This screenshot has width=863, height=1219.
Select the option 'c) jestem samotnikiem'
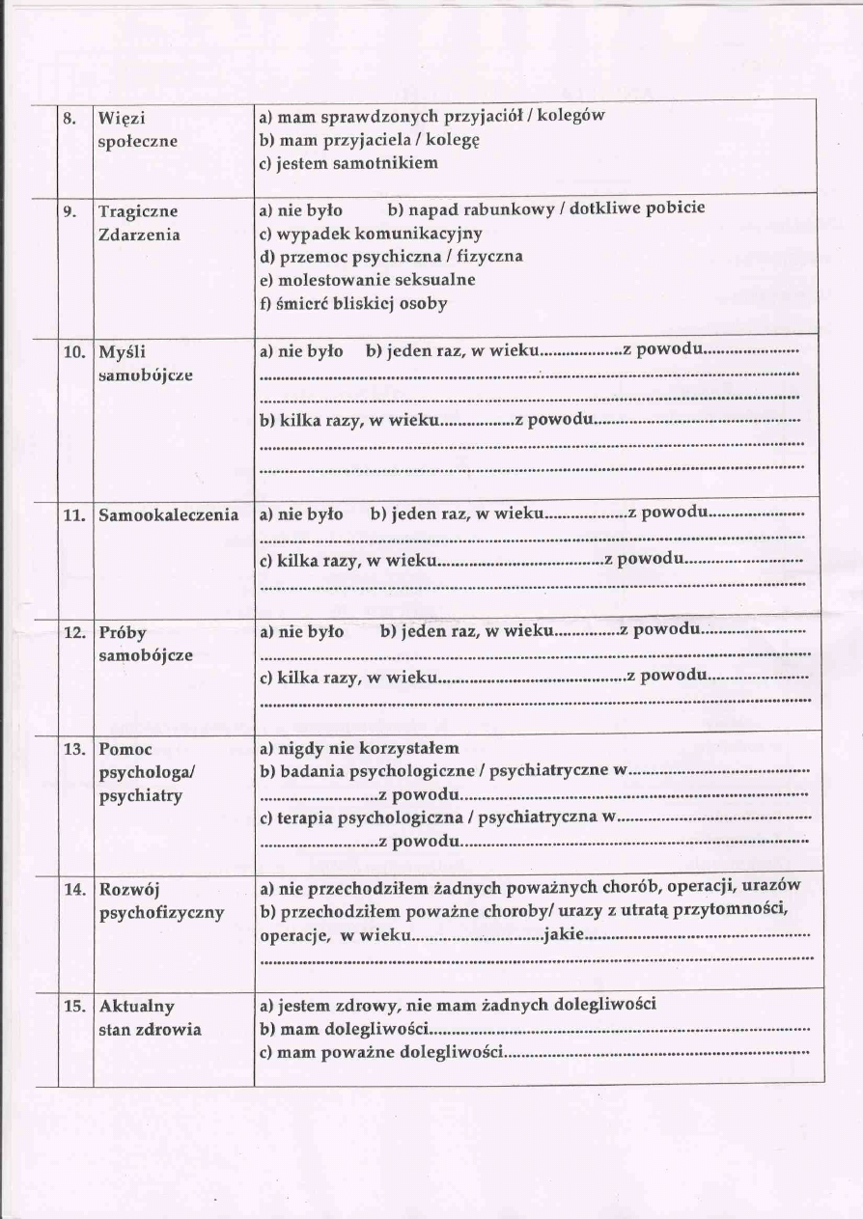click(348, 163)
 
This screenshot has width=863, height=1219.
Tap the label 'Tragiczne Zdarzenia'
click(139, 223)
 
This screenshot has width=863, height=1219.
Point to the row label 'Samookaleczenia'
click(168, 515)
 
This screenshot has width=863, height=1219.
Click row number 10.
click(74, 352)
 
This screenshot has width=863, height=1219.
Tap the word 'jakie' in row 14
click(564, 934)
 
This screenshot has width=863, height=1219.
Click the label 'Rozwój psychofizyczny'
click(161, 900)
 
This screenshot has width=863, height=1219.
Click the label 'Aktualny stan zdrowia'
click(150, 1017)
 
